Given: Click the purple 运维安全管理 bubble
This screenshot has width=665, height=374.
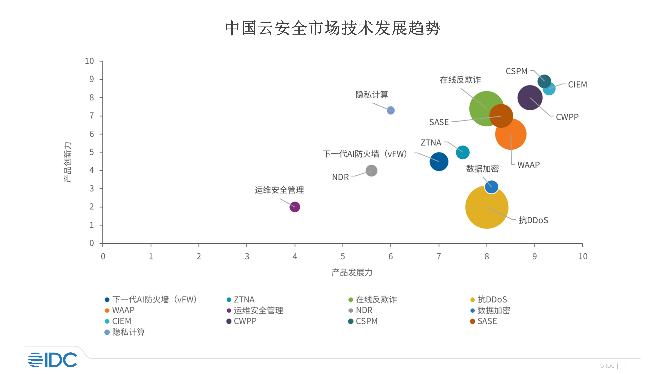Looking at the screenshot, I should (x=295, y=207).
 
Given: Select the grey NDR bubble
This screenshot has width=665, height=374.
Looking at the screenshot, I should (x=371, y=171).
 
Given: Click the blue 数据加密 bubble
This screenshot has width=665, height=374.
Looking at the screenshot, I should (x=492, y=187).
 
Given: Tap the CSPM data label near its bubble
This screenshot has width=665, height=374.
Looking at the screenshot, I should (x=516, y=71).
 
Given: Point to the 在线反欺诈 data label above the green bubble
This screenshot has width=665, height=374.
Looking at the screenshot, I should (x=460, y=80).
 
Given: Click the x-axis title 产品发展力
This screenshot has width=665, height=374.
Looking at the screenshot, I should (x=352, y=272).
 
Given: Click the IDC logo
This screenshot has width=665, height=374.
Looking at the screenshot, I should (x=52, y=360).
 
